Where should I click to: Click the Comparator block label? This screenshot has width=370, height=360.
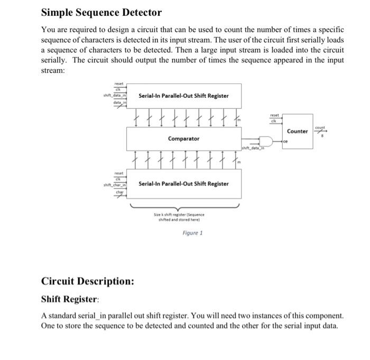point(183,139)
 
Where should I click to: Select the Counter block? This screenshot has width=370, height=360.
point(297,131)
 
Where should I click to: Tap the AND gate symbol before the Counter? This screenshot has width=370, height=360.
point(267,142)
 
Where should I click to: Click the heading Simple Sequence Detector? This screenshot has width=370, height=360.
point(101,12)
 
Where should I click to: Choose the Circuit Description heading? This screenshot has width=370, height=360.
point(87,281)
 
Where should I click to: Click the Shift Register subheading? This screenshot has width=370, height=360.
point(69,299)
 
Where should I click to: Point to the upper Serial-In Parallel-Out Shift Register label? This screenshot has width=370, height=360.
point(183,96)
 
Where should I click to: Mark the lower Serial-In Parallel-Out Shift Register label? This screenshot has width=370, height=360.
point(183,184)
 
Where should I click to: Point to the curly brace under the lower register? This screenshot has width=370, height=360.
point(183,206)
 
